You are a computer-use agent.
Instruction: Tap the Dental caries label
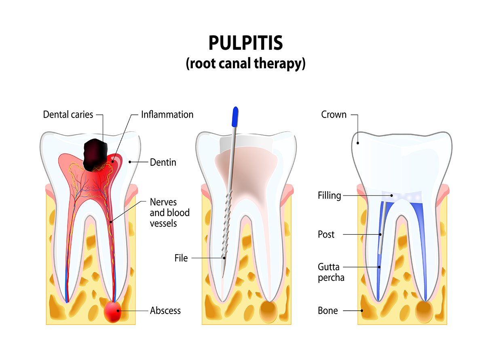[x=68, y=114]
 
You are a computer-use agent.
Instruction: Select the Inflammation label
[x=167, y=114]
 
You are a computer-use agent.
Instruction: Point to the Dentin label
[x=163, y=162]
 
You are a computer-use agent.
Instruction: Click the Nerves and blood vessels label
[x=169, y=212]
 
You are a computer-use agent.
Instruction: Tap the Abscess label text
[x=165, y=311]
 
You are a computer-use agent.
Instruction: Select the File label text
[x=181, y=258]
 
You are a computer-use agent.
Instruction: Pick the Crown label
[x=334, y=114]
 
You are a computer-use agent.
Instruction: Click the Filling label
[x=330, y=196]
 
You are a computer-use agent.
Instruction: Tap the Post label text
[x=326, y=234]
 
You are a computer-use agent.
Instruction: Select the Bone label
[x=328, y=311]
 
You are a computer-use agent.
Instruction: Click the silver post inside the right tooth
[x=381, y=234]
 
